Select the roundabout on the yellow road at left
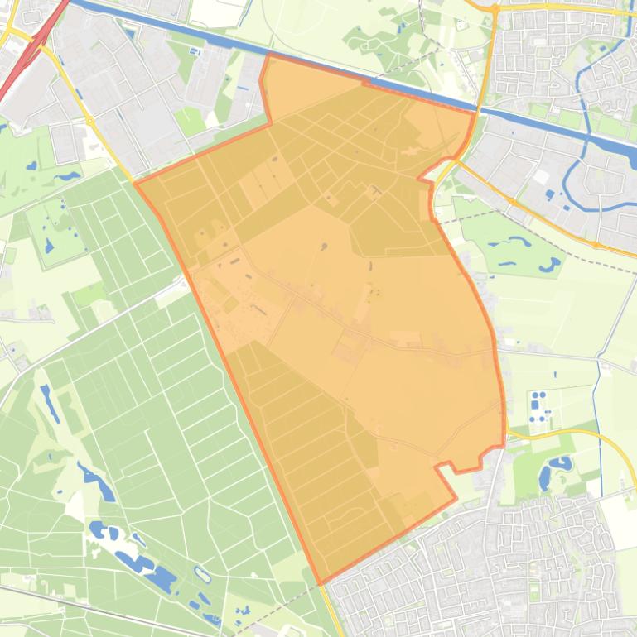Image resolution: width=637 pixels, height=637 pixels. [x=89, y=121]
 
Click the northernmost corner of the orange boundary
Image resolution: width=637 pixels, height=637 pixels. [x=269, y=55]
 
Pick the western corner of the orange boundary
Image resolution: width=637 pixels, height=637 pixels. [x=135, y=183]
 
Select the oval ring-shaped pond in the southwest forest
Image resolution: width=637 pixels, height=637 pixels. [x=201, y=573]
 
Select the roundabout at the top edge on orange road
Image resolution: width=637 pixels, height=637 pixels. [x=495, y=8]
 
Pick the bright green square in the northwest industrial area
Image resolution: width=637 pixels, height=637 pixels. [x=190, y=122]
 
